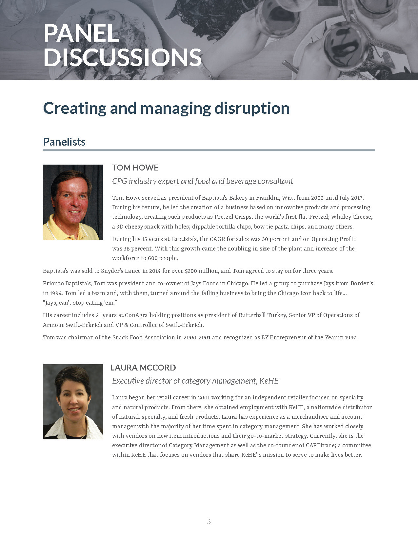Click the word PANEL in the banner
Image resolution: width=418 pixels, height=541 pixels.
coord(81,33)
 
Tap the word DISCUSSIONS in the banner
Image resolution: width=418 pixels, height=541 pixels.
coord(122,57)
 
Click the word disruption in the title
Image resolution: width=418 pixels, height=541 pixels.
coord(252,108)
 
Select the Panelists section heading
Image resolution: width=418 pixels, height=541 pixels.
coord(64,142)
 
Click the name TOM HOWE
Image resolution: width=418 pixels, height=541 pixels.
coord(135,168)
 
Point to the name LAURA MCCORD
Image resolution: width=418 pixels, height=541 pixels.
coord(143,368)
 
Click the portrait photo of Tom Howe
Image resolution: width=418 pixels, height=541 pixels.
coord(73,202)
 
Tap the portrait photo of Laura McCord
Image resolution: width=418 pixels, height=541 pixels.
coord(73,402)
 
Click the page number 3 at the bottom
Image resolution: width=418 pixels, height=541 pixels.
coord(209,521)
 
